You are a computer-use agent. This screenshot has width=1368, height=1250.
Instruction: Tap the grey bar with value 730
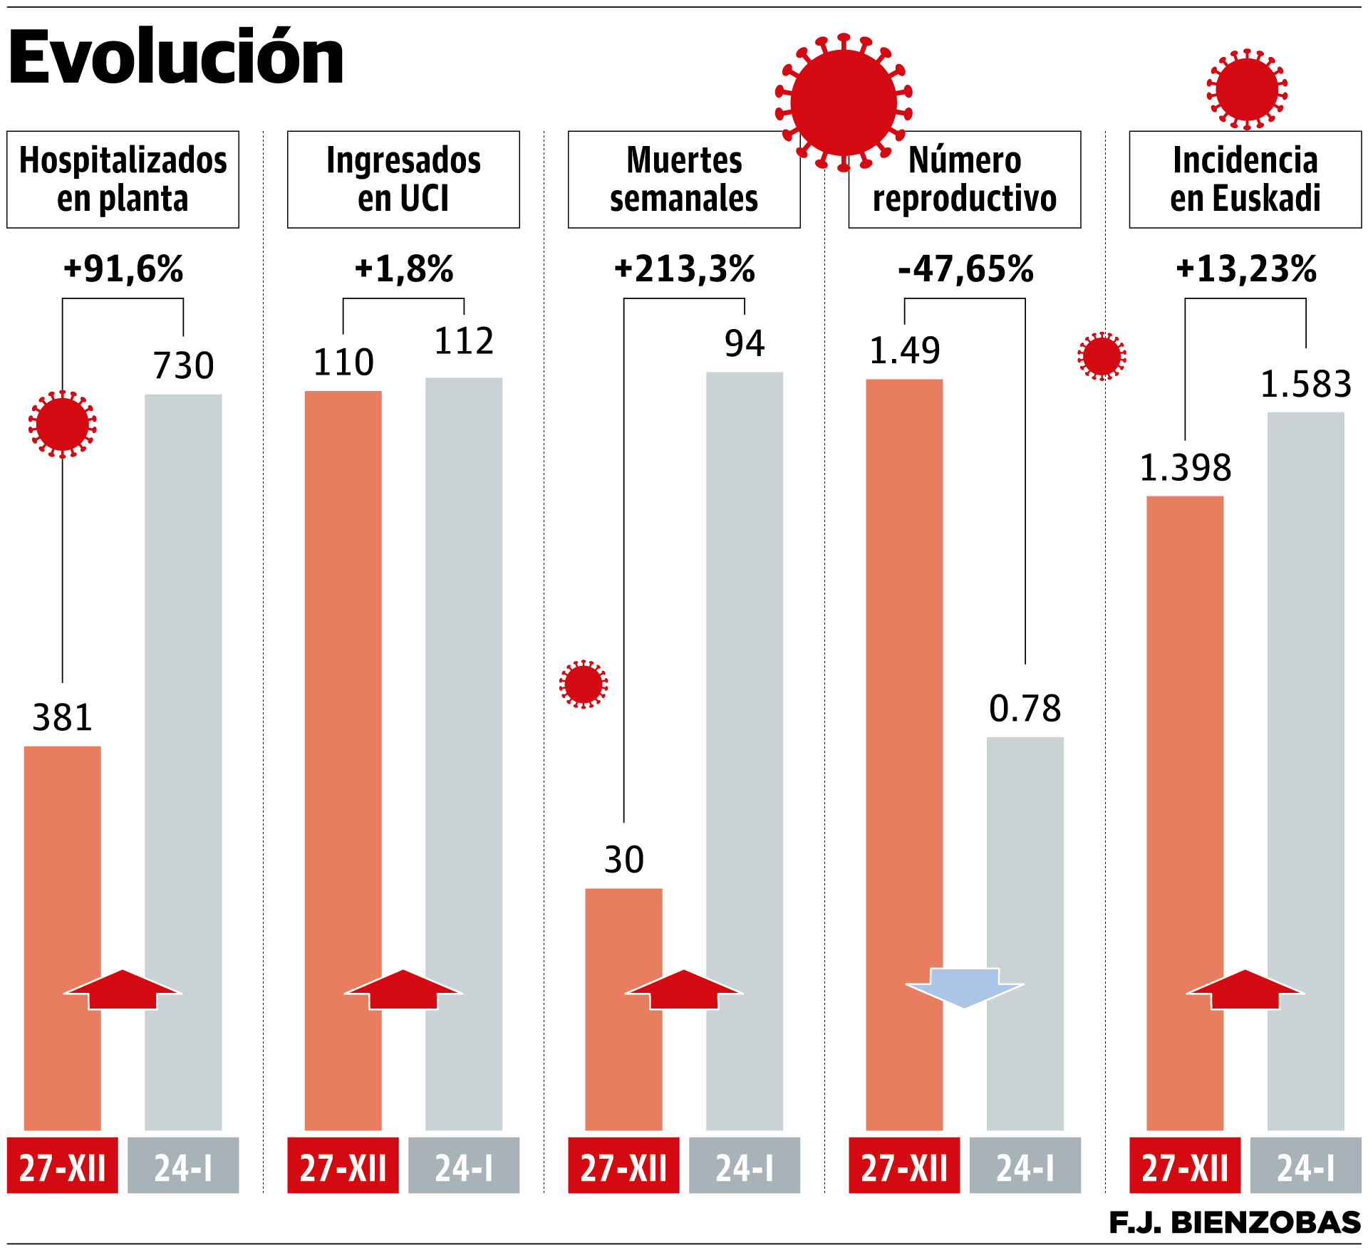[183, 712]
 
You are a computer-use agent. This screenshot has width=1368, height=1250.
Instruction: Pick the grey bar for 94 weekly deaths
[745, 712]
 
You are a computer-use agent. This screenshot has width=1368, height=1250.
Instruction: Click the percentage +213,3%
[685, 269]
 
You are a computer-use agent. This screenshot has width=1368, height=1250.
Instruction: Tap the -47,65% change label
[965, 269]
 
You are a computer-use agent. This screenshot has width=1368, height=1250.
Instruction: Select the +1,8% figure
[404, 269]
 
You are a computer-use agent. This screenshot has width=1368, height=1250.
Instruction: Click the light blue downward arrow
[965, 986]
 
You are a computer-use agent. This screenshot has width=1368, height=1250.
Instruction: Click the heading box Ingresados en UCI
[403, 179]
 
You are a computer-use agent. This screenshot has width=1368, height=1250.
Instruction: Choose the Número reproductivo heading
[965, 179]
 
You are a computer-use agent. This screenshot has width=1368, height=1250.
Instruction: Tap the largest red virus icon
[844, 103]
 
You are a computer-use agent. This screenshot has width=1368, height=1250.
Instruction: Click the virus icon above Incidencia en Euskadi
[1247, 89]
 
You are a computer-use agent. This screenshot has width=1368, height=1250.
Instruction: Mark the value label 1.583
[1306, 385]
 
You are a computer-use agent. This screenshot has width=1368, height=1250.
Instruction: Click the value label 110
[343, 363]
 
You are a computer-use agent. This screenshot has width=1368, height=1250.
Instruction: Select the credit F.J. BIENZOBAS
[1234, 1222]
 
